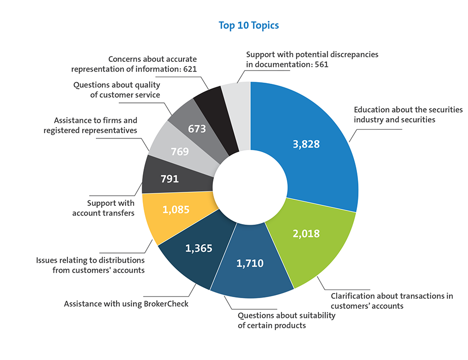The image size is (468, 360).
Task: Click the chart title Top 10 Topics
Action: coord(248,25)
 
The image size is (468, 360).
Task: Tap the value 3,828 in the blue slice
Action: coord(306,144)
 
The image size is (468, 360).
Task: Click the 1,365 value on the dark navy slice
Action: coord(198,248)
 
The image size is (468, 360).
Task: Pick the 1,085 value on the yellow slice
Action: coord(175,209)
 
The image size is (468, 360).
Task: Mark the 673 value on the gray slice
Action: coord(197,129)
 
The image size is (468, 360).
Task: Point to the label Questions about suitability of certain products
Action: coord(286,320)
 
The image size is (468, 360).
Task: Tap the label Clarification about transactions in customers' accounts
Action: coord(391,301)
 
